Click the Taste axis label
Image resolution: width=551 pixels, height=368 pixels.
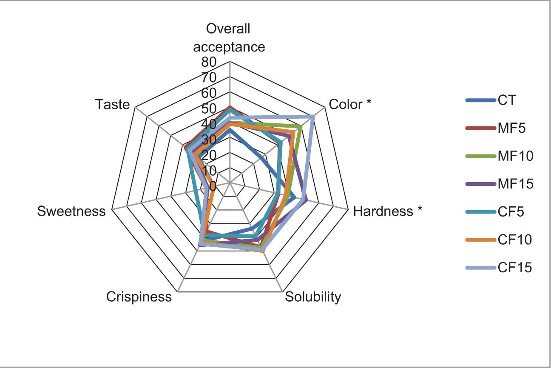coord(112,104)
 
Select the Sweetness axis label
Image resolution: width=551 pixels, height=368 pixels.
coord(71,211)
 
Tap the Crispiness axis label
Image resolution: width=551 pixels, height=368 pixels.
coord(139,296)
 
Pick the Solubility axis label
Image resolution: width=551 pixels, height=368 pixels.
coord(313,296)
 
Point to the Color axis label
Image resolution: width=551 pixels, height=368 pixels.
coord(346,104)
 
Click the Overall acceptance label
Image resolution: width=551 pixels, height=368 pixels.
coord(229,37)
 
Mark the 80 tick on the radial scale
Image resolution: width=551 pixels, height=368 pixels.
coord(209,63)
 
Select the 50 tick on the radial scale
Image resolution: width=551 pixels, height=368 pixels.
coord(209,109)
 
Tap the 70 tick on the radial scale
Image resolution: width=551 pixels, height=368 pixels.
coord(209,78)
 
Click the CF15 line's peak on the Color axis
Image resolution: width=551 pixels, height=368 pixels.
coord(313,116)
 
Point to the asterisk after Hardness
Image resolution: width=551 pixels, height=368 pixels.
coord(420,210)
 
